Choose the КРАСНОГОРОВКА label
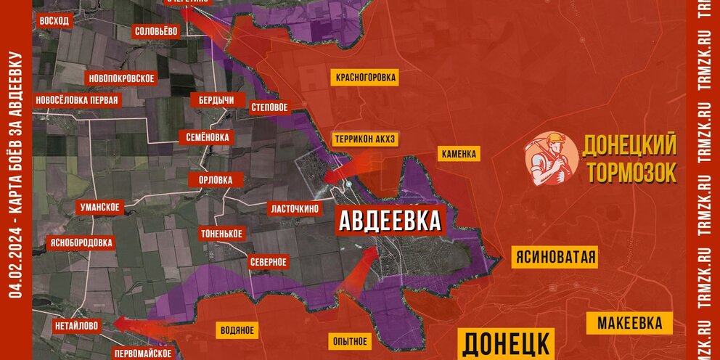tap(367, 77)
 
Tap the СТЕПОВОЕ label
tap(270, 107)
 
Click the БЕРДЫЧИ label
tap(216, 99)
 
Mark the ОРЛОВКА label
tap(210, 179)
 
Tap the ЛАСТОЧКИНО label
tap(295, 208)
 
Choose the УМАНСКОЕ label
tap(100, 208)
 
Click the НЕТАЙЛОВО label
tap(76, 327)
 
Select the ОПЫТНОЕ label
tap(350, 341)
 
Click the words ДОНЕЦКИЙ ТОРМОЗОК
tap(629, 159)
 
